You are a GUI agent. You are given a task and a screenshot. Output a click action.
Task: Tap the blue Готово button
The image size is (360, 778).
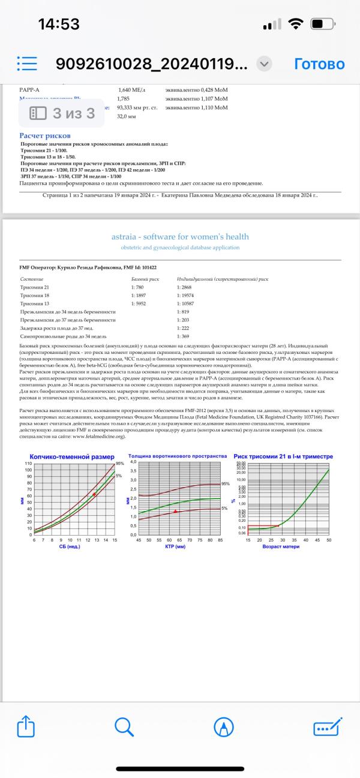(319, 64)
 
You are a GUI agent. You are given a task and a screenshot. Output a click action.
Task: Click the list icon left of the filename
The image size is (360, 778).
(27, 64)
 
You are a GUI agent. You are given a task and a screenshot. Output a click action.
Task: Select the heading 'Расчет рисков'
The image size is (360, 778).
(45, 136)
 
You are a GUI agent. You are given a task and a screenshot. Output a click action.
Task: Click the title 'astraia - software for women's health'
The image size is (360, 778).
(180, 236)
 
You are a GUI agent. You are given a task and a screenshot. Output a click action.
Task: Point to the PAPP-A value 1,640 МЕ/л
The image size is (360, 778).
(132, 89)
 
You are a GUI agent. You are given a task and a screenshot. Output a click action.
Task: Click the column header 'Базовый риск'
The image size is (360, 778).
(144, 280)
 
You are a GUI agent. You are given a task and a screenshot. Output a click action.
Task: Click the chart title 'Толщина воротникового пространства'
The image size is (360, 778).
(178, 456)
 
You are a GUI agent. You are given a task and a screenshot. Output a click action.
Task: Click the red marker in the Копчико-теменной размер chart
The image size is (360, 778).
(94, 494)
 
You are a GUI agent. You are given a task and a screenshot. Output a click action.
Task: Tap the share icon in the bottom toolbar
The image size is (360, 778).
(26, 728)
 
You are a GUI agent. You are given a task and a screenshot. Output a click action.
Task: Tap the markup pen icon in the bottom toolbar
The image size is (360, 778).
(224, 728)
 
